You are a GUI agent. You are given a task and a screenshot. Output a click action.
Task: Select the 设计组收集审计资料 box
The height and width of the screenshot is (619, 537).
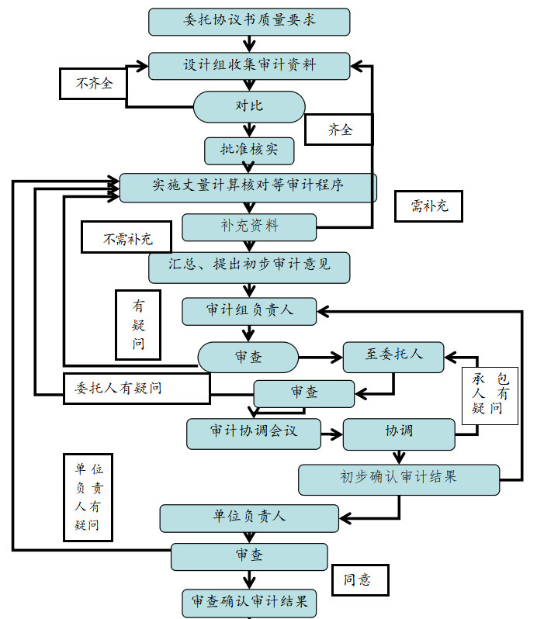(x=249, y=65)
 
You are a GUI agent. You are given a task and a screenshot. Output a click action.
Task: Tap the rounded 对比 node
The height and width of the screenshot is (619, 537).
(x=248, y=106)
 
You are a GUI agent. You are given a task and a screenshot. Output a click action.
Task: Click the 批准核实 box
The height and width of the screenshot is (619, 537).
(x=250, y=150)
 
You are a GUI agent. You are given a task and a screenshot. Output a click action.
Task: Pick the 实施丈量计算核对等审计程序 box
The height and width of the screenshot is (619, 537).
(x=248, y=187)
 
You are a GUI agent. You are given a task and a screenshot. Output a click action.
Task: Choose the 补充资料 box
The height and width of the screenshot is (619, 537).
(x=249, y=227)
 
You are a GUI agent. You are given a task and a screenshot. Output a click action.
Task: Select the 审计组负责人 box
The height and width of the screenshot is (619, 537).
(x=249, y=310)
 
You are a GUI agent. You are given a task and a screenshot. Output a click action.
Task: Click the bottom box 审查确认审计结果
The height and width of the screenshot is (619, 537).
(x=249, y=601)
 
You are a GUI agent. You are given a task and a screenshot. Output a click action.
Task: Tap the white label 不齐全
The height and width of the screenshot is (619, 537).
(x=94, y=84)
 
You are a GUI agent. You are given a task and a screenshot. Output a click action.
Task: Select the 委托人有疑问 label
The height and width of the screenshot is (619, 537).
(x=137, y=389)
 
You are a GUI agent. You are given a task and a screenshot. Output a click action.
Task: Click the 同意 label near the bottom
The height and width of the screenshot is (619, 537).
(x=359, y=580)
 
